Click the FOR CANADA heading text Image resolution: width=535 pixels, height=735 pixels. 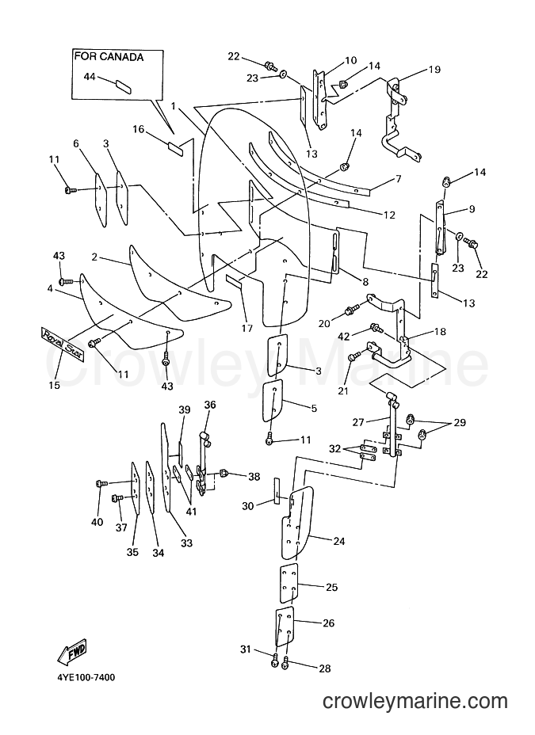click(109, 57)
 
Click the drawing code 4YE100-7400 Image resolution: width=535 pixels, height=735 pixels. click(86, 677)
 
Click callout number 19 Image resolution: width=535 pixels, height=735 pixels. click(434, 70)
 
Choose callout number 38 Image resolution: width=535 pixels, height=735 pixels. click(254, 477)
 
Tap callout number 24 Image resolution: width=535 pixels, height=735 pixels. click(339, 542)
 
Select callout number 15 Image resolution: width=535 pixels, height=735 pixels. click(55, 385)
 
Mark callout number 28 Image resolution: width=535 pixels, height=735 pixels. click(324, 668)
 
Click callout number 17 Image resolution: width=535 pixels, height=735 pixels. click(247, 329)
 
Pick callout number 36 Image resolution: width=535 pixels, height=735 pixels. click(210, 405)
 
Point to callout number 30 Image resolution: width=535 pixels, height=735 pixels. click(248, 506)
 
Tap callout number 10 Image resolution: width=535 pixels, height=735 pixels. click(351, 60)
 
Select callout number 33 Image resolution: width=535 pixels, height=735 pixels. click(186, 543)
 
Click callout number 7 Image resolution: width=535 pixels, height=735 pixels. click(399, 178)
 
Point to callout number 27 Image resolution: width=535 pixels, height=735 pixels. click(358, 422)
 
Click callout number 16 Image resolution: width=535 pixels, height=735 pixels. click(139, 129)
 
